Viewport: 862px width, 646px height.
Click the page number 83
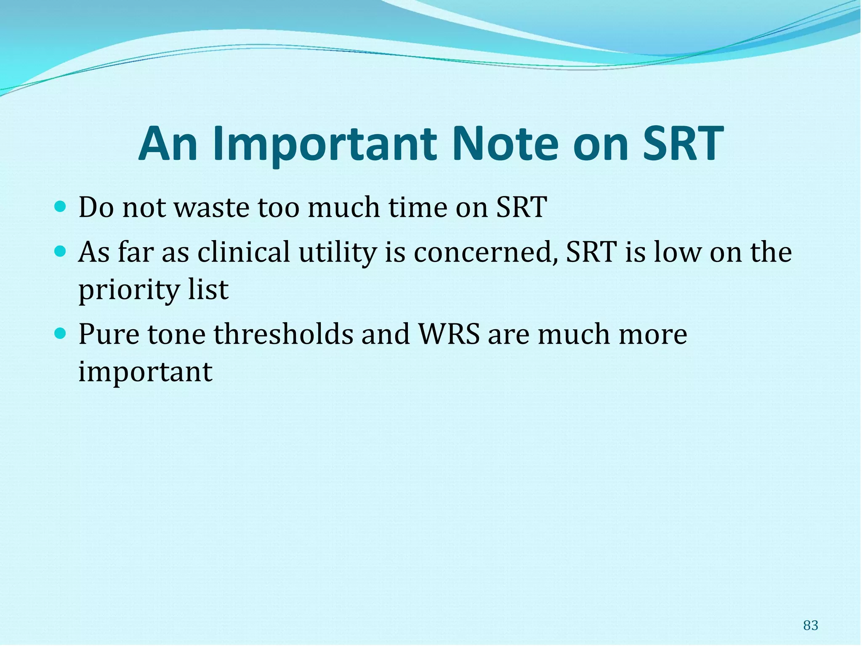pos(811,625)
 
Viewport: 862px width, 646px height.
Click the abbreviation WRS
pos(449,334)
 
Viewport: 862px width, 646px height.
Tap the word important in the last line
pos(145,372)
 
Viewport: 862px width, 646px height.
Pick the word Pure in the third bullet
pos(109,334)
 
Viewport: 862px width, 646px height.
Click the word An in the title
pos(168,144)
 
